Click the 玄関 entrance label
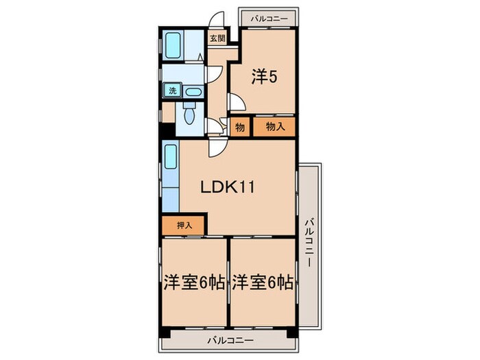(x=217, y=38)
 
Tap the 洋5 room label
(x=264, y=77)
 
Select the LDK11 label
(x=228, y=187)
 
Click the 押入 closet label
(x=184, y=226)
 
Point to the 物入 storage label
(x=276, y=126)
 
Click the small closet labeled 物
(x=240, y=127)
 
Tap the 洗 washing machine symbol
(x=173, y=91)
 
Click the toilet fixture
(x=189, y=112)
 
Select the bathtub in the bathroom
(x=173, y=45)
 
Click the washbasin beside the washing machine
(x=194, y=92)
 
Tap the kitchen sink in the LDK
(x=171, y=157)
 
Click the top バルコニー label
(x=269, y=19)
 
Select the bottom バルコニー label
(x=230, y=340)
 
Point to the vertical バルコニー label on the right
(x=310, y=242)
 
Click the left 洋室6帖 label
(x=194, y=283)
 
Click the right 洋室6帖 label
(x=263, y=283)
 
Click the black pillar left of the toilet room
(x=167, y=130)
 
